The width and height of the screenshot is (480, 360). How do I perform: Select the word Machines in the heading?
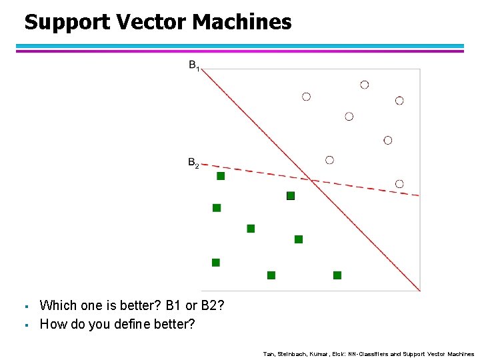(x=242, y=22)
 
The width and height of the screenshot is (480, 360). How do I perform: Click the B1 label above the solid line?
(x=194, y=66)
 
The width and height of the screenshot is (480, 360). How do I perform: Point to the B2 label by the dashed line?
(x=193, y=163)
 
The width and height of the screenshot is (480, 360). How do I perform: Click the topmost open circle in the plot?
(x=364, y=85)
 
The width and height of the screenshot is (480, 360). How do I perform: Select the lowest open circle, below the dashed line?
(x=399, y=183)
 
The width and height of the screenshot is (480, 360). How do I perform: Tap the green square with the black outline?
(x=291, y=195)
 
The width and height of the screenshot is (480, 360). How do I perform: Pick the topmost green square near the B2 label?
(x=221, y=176)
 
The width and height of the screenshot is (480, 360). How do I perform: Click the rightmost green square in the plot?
(x=337, y=275)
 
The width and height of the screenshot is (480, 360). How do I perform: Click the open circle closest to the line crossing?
(x=329, y=160)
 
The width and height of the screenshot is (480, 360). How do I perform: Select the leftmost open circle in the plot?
(x=306, y=97)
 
